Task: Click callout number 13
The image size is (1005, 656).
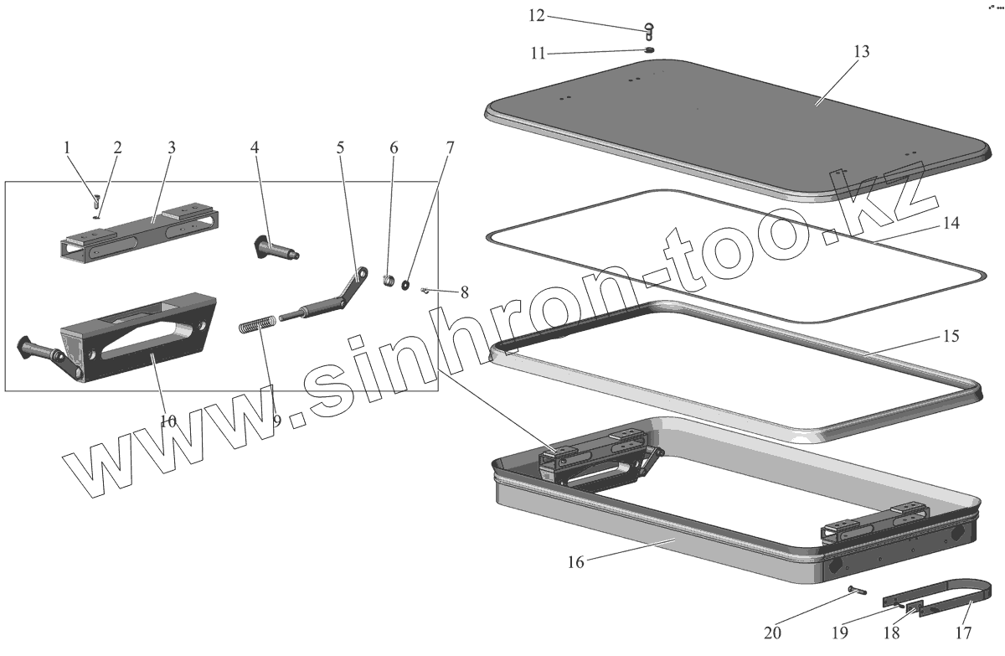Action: point(862,51)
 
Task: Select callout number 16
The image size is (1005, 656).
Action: point(575,562)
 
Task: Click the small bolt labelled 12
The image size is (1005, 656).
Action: point(650,31)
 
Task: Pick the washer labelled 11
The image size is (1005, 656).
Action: point(649,49)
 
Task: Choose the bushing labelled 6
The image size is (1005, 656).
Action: point(389,279)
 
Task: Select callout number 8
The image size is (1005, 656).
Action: point(463,293)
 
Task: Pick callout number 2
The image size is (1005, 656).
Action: point(117,148)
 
